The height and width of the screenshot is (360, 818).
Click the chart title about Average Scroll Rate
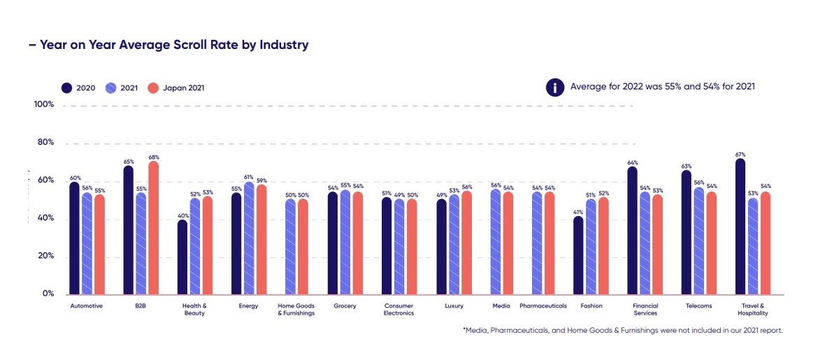(168, 45)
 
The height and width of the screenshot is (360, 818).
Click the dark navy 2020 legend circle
(67, 88)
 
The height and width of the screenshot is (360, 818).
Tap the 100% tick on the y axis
(44, 105)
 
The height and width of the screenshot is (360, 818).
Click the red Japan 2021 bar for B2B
(153, 228)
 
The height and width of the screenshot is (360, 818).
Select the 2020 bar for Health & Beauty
(182, 257)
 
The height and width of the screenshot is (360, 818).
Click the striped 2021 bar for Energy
(249, 238)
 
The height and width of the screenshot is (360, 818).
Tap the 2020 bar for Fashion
(578, 255)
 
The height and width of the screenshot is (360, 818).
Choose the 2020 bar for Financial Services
(632, 231)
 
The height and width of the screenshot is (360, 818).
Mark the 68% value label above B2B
(154, 157)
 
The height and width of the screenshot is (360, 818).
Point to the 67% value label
(740, 154)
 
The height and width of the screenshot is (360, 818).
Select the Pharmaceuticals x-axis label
(543, 306)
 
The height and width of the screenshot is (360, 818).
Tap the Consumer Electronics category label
(399, 310)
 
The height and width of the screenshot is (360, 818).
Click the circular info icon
(555, 87)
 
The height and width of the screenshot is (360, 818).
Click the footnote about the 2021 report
(622, 331)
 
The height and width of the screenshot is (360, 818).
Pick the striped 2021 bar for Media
(496, 242)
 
